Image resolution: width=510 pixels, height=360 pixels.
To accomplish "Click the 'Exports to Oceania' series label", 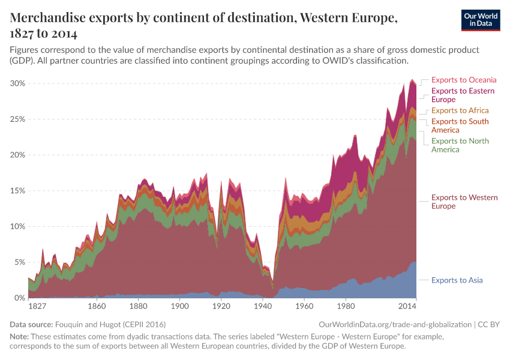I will point(464,80).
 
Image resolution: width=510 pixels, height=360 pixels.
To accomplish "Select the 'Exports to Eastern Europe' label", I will point(463,95).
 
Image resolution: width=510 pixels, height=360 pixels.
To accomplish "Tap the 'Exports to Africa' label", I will point(460,110).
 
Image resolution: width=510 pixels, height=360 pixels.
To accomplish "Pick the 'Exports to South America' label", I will point(460,125).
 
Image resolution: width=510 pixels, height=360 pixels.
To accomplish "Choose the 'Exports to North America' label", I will point(460,145).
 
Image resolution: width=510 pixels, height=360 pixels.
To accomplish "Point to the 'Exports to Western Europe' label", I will point(464,202).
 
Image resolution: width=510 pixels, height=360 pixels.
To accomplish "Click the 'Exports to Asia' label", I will point(457,280).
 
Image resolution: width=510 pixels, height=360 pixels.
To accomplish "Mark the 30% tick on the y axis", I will point(17,83).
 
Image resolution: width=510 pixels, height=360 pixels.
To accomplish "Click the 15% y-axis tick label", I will point(17,191).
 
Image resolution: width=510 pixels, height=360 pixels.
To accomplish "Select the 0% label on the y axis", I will point(19,298).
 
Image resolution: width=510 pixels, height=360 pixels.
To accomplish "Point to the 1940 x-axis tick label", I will point(263,307).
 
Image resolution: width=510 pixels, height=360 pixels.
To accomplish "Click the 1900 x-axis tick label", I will point(180,307).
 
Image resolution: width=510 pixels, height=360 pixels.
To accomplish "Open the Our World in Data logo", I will point(481,19).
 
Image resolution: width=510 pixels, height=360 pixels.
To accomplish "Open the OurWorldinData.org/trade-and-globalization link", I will point(395,325).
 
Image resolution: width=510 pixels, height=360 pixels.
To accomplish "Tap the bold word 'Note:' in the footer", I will point(21,337).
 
